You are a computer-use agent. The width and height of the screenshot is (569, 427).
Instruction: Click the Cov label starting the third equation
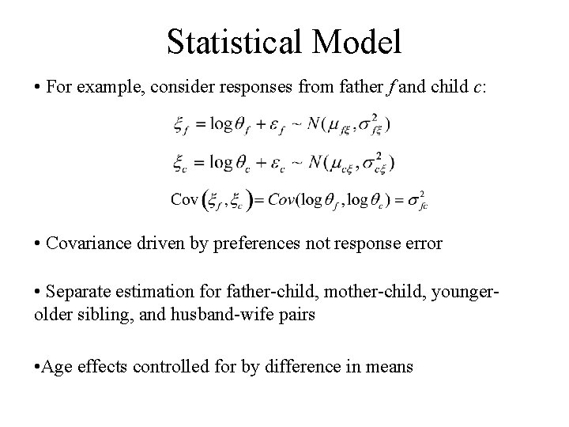coord(184,198)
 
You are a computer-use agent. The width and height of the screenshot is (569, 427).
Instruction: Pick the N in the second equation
coord(319,162)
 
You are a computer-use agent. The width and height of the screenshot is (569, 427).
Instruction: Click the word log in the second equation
coord(223,162)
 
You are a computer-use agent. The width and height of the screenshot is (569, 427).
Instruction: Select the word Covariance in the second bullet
coord(87,243)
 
